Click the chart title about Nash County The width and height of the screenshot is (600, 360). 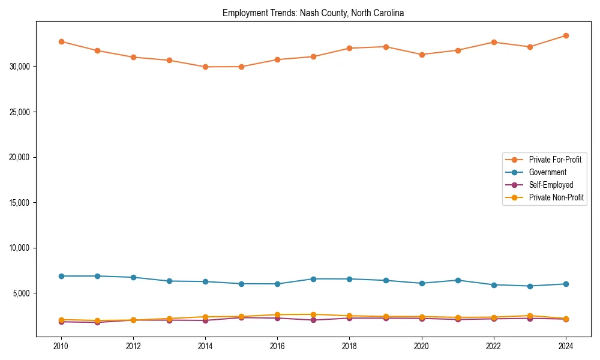click(313, 13)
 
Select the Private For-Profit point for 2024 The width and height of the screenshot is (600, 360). click(566, 36)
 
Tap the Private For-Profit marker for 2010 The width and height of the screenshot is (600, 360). click(61, 41)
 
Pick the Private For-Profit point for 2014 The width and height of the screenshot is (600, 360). click(205, 67)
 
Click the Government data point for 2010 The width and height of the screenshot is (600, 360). click(61, 276)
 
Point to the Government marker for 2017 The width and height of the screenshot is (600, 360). click(313, 279)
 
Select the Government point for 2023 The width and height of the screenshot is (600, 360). click(530, 286)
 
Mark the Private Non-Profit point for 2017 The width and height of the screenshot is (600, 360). click(313, 314)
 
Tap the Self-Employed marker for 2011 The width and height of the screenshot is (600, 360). click(97, 322)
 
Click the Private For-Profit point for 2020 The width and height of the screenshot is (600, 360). click(422, 55)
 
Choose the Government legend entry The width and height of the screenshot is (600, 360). click(547, 172)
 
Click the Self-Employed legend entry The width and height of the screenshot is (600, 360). click(551, 185)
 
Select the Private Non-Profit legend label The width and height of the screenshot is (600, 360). click(556, 197)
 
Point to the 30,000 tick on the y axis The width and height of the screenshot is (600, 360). click(19, 67)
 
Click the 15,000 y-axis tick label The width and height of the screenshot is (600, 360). click(19, 203)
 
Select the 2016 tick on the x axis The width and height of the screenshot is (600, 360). click(277, 346)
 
